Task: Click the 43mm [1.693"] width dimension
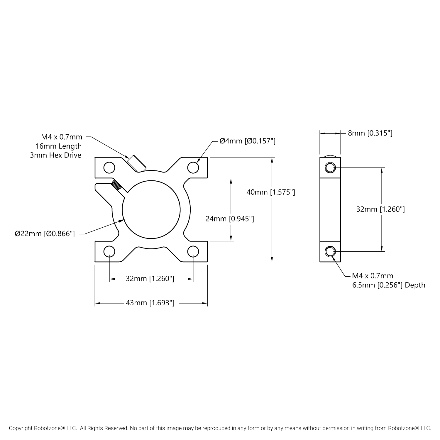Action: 150,303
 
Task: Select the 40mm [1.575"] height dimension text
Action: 270,192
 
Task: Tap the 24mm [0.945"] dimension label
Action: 229,219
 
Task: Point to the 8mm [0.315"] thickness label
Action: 370,133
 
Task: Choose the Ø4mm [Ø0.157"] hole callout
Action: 247,141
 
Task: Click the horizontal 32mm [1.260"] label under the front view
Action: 150,279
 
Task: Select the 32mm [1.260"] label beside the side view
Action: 380,209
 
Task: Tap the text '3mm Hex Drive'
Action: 56,155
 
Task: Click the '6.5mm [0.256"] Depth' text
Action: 389,285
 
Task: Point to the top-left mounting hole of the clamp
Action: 109,168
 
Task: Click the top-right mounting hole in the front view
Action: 193,168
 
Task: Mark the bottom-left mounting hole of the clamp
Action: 109,251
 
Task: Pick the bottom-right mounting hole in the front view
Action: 193,251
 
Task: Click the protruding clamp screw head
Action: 136,163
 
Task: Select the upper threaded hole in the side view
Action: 330,168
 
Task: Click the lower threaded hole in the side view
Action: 330,251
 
